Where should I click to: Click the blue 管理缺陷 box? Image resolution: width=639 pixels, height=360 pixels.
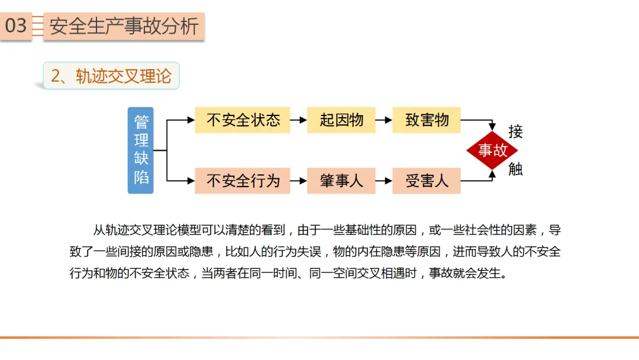[141, 150]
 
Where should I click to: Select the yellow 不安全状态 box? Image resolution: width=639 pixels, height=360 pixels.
[243, 120]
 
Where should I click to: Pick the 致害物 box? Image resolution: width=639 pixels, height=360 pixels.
[427, 120]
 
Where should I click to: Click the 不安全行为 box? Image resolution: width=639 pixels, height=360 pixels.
[243, 181]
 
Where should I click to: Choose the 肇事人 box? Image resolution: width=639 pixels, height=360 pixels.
[341, 181]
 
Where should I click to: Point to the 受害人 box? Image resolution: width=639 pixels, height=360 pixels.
[427, 181]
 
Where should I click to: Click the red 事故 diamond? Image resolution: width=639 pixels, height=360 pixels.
[492, 150]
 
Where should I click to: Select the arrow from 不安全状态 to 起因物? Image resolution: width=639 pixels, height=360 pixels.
[299, 120]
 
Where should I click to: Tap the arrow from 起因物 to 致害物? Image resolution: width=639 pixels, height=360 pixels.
[384, 120]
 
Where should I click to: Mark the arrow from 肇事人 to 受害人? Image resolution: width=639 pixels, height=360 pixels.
[384, 181]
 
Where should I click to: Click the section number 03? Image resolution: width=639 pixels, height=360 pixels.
[16, 26]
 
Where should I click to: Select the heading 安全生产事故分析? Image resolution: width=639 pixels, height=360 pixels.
[124, 27]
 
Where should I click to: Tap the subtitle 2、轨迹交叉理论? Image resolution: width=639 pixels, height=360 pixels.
[111, 76]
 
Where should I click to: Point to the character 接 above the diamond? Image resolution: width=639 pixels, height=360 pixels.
[515, 131]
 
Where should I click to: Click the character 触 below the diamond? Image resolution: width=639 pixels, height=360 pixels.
[515, 169]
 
